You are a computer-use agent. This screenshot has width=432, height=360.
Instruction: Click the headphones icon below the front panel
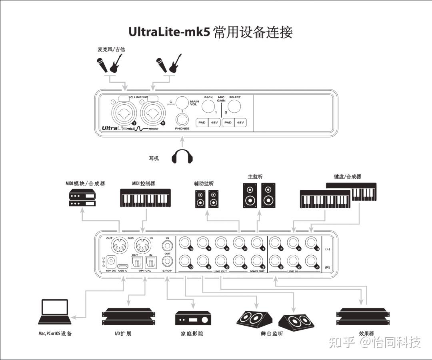pos(182,156)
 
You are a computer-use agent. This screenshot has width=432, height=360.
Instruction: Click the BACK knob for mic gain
pos(208,106)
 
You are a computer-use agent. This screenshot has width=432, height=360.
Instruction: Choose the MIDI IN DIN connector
pos(143,245)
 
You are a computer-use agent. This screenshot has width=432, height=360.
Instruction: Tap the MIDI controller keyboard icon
pos(145,198)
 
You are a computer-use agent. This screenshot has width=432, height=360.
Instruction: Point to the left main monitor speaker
pos(250,195)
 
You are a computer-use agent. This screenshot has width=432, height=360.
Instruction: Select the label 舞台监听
pos(272,334)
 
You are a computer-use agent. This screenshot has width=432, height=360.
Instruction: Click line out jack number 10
pos(185,261)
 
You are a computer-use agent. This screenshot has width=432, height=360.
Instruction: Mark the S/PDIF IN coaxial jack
pos(167,244)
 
